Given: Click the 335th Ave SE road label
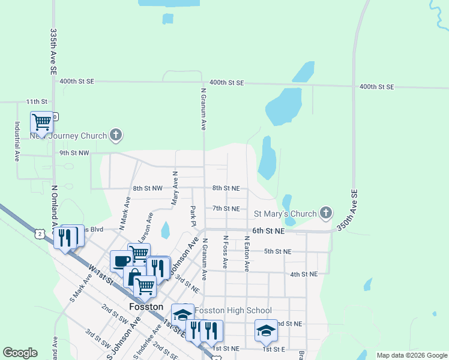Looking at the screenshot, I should click(53, 52).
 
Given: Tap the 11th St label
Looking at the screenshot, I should click(36, 102).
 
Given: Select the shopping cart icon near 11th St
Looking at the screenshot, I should click(42, 122).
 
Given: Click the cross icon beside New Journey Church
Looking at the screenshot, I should click(115, 136).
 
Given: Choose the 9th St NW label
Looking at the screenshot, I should click(74, 153).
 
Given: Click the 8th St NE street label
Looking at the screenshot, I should click(226, 188).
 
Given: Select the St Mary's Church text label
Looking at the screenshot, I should click(285, 214).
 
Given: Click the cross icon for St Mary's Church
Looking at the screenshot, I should click(326, 213).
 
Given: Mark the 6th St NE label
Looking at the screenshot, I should click(268, 230).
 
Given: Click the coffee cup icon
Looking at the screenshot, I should click(121, 261).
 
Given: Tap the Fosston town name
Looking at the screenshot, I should click(146, 307).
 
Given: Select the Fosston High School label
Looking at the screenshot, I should click(233, 310).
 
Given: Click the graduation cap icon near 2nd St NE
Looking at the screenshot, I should click(266, 329).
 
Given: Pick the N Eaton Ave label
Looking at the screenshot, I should click(246, 253).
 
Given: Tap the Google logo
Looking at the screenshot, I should click(20, 353).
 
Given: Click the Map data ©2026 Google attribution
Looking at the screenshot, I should click(411, 355).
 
